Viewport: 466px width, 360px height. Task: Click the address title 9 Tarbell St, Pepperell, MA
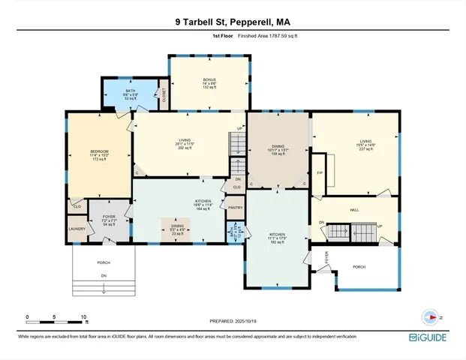coord(233,22)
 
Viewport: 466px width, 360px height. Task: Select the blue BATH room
coord(131,94)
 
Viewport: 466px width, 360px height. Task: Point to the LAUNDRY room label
coord(77,229)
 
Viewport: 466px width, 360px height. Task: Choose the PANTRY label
coord(236,208)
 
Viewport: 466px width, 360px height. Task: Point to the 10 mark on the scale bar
coord(86,317)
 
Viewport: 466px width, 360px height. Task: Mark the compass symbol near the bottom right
coord(430,316)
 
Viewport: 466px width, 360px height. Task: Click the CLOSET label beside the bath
coord(164,94)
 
